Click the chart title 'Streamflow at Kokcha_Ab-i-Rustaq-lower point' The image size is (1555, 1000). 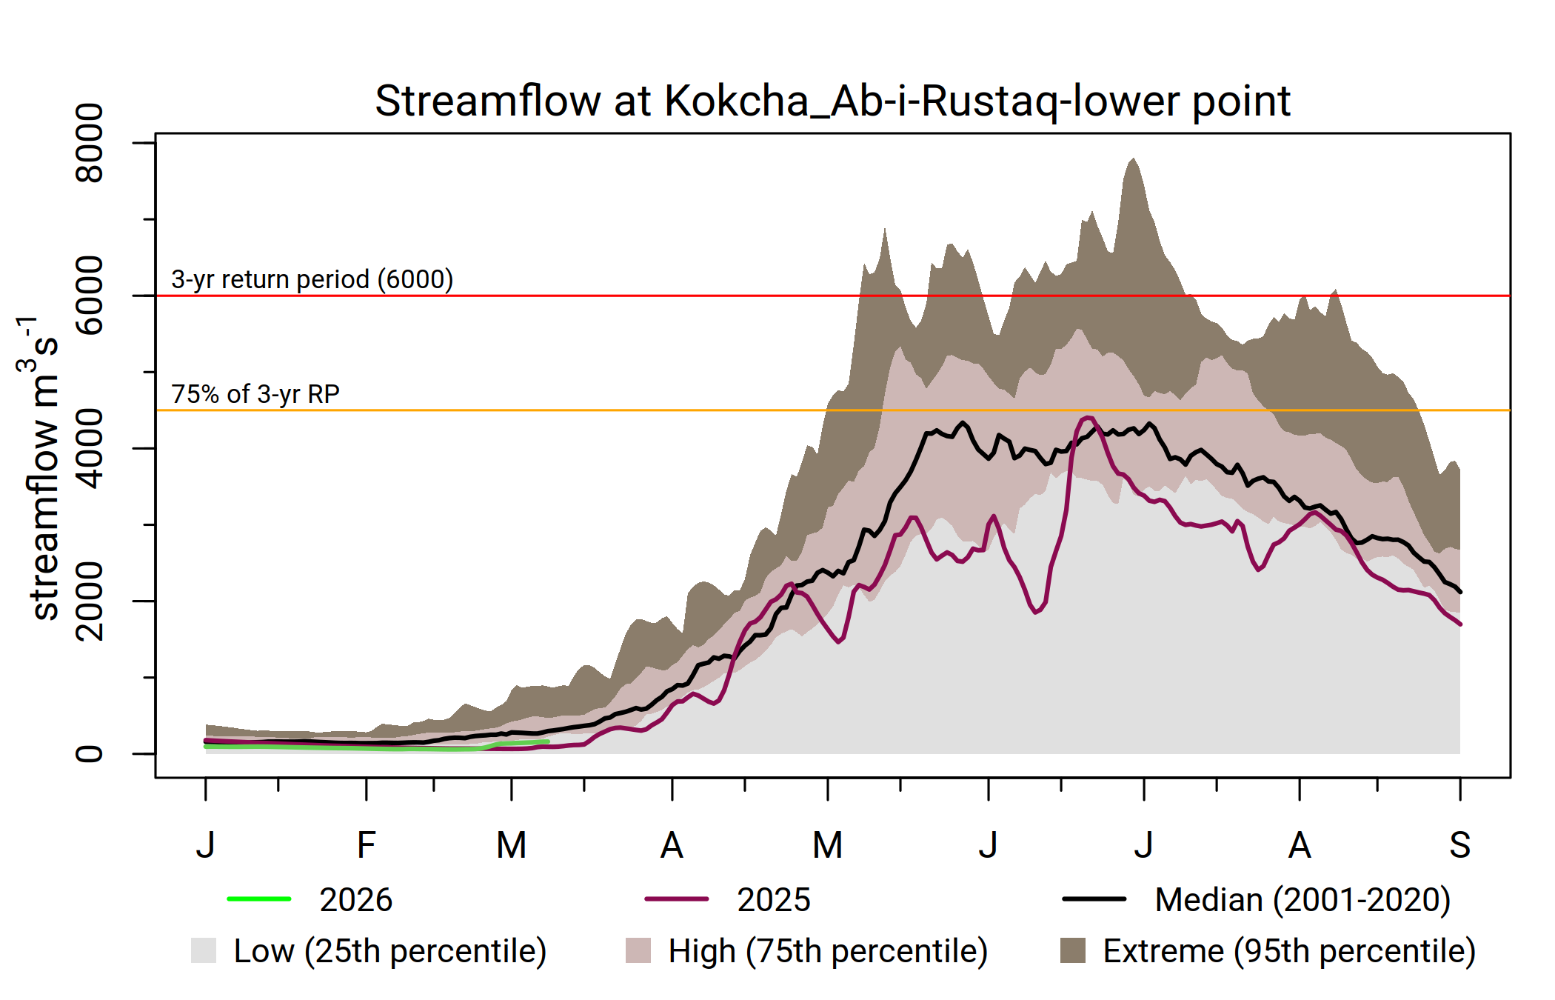pyautogui.click(x=832, y=101)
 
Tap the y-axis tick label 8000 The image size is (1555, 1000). pyautogui.click(x=90, y=143)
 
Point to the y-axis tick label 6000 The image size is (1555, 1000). pyautogui.click(x=90, y=296)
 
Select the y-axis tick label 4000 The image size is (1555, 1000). pyautogui.click(x=90, y=448)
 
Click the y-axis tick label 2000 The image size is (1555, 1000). pyautogui.click(x=90, y=601)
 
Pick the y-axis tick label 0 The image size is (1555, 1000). pyautogui.click(x=90, y=753)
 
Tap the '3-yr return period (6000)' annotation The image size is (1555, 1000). pyautogui.click(x=312, y=279)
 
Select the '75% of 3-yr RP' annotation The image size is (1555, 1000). pyautogui.click(x=255, y=394)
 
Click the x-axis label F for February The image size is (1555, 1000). pyautogui.click(x=366, y=845)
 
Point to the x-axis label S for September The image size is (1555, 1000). pyautogui.click(x=1459, y=845)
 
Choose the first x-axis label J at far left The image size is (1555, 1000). pyautogui.click(x=206, y=845)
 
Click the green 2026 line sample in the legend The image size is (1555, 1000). pyautogui.click(x=259, y=899)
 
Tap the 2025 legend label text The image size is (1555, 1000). pyautogui.click(x=773, y=900)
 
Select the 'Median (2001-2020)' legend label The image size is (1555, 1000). pyautogui.click(x=1302, y=900)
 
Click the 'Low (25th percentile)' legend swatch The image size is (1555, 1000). pyautogui.click(x=204, y=950)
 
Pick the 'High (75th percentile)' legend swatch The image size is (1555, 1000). pyautogui.click(x=638, y=950)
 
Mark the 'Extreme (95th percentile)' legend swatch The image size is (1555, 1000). pyautogui.click(x=1073, y=950)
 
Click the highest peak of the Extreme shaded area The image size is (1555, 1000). pyautogui.click(x=1133, y=159)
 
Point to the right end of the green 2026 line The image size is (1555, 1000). pyautogui.click(x=547, y=741)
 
